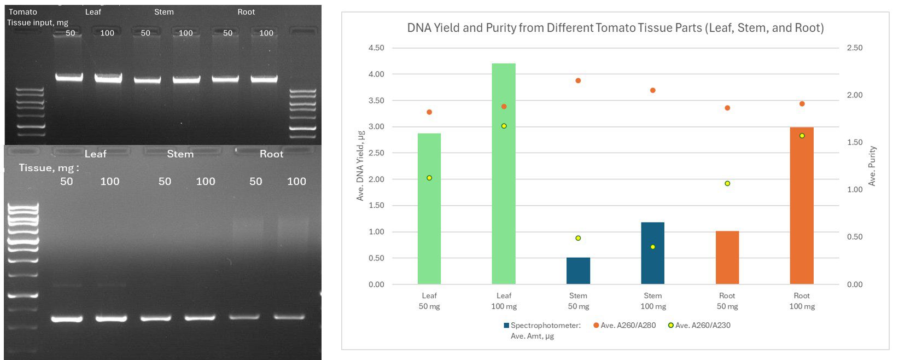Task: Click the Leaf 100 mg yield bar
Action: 504,174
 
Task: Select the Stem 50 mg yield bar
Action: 578,271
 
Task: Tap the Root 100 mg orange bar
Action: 802,206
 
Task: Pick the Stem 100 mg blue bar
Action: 652,253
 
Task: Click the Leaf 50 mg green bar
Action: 429,209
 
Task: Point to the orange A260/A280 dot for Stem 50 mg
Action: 578,81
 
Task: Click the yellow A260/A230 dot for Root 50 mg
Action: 727,184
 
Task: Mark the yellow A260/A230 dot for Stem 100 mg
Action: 652,247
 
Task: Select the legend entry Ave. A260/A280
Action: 624,326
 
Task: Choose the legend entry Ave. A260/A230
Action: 699,326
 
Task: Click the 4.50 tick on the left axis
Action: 376,48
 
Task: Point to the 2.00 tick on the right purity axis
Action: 855,95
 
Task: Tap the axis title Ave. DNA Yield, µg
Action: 360,166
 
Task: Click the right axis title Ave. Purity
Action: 872,166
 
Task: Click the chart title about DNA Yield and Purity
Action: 615,28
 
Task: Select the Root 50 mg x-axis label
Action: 727,301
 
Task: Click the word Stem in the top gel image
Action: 164,12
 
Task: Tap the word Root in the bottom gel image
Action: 271,154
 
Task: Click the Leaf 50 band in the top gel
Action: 69,77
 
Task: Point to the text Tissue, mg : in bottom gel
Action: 49,168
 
